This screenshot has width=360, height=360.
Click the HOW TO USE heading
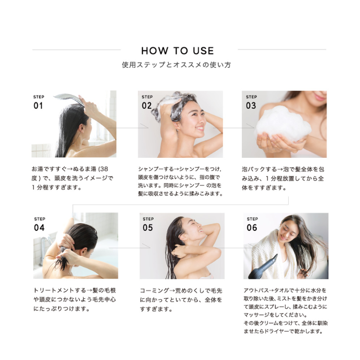pos(178,51)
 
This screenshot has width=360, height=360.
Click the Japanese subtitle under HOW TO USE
pos(177,65)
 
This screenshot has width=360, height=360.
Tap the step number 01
pos(38,106)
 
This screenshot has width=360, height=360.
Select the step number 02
pos(147,106)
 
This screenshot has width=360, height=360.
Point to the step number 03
pos(251,106)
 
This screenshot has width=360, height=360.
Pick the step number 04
pos(39,228)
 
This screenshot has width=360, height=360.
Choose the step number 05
pos(148,228)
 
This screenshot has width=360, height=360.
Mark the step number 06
pos(252,228)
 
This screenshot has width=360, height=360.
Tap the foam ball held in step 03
pos(283,124)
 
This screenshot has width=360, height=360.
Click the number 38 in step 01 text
pos(104,169)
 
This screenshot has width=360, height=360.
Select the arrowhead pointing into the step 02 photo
pos(145,126)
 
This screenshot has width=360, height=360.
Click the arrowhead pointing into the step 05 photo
pos(147,246)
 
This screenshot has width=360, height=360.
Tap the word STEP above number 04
pos(40,219)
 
